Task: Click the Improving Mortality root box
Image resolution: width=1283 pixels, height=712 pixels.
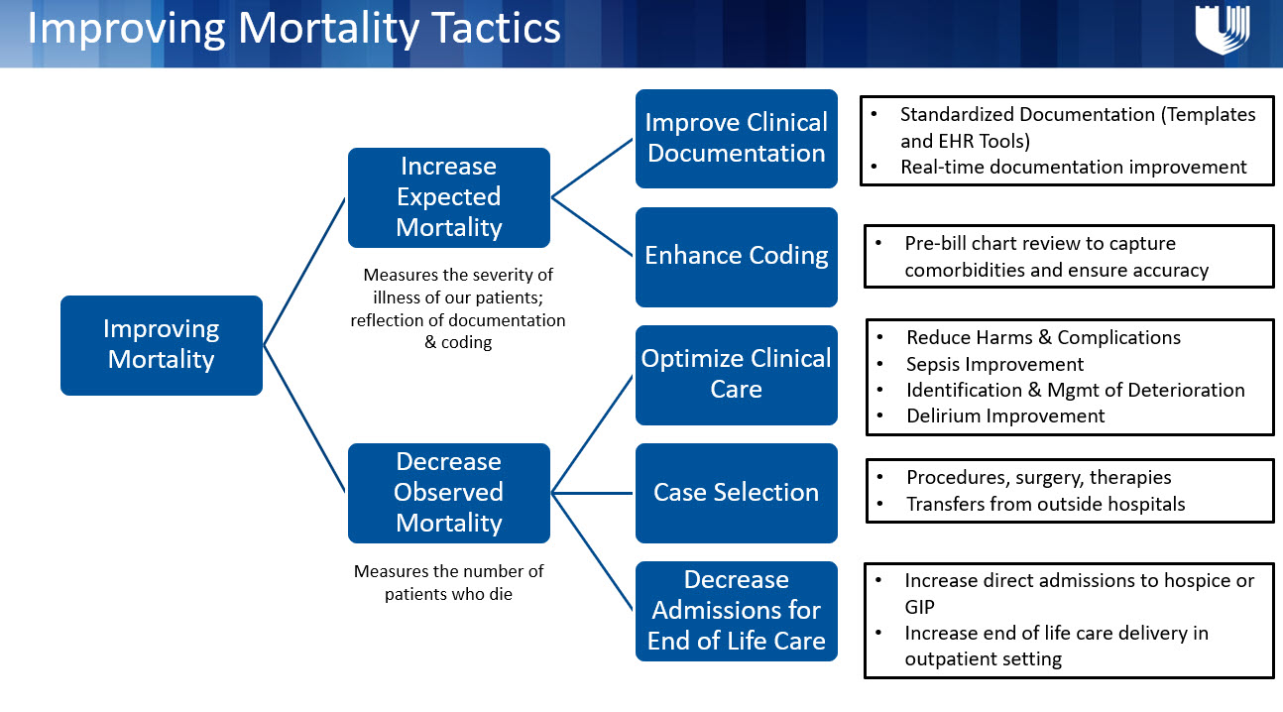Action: click(161, 344)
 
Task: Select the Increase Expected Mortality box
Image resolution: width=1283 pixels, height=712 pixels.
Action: click(448, 197)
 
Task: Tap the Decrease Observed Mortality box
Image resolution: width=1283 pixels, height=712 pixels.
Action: click(448, 492)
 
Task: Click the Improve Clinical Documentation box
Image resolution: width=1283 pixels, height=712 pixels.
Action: click(736, 138)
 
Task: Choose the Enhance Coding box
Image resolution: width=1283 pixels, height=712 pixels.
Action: click(736, 256)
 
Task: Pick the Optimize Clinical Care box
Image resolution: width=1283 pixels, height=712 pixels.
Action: click(736, 374)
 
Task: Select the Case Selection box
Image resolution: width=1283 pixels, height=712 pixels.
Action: click(736, 492)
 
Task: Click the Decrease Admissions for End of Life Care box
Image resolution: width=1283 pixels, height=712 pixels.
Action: click(736, 610)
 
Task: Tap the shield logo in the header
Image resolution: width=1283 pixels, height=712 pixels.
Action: click(1221, 30)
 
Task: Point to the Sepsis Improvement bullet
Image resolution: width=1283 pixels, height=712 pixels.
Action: click(994, 364)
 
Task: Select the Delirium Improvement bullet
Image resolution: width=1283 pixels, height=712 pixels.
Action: click(1004, 415)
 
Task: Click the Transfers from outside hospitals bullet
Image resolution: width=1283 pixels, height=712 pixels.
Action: click(1045, 504)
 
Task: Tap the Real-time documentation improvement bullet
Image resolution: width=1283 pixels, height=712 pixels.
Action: click(1073, 167)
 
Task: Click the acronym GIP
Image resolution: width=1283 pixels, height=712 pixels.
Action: click(921, 607)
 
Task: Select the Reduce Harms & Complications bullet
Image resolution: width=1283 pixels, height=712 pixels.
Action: click(1043, 337)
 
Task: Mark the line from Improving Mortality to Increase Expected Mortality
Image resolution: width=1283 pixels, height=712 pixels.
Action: click(304, 271)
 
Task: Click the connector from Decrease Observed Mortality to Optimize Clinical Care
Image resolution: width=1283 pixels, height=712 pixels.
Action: click(593, 432)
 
